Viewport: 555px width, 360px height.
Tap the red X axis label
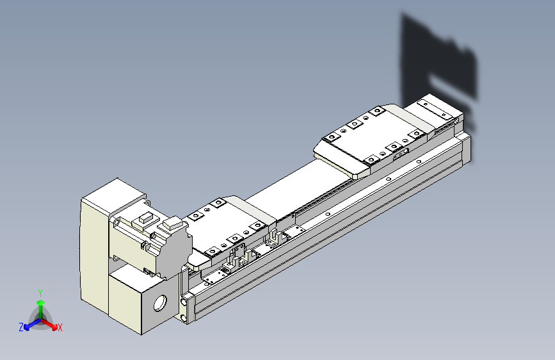pyautogui.click(x=60, y=327)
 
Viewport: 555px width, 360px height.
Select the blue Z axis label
pyautogui.click(x=21, y=327)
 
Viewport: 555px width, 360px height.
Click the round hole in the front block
pyautogui.click(x=159, y=300)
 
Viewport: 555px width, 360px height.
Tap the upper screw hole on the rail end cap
pyautogui.click(x=185, y=299)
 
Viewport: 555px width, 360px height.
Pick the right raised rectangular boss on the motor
pyautogui.click(x=172, y=224)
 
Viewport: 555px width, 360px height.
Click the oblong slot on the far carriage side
pyautogui.click(x=399, y=152)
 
